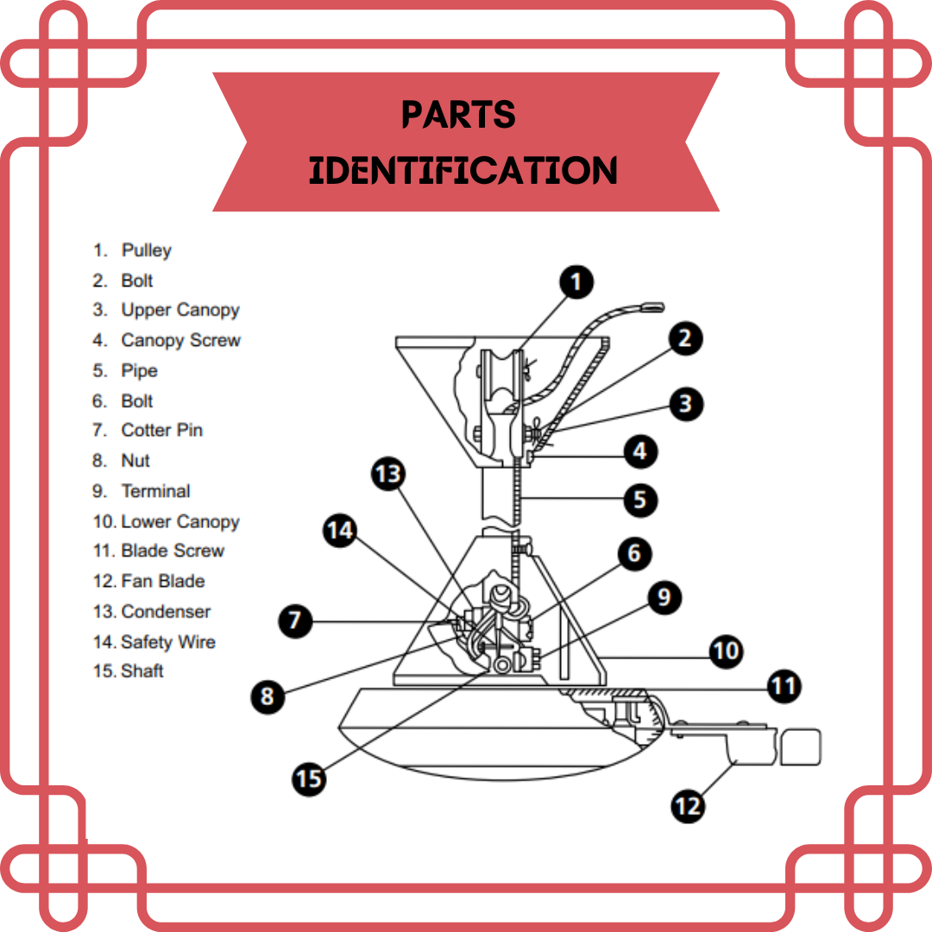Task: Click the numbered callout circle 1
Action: point(576,281)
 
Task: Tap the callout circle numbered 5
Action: point(640,500)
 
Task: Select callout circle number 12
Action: point(688,806)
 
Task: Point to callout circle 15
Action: point(309,778)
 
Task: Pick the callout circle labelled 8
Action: point(268,696)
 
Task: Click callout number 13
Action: point(388,474)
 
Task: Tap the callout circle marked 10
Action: point(726,651)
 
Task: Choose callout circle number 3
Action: point(686,404)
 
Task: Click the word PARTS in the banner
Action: point(458,114)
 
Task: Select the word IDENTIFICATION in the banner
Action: point(463,171)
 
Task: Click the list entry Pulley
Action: point(133,250)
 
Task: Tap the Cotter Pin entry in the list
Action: point(148,430)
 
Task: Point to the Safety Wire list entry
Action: point(154,642)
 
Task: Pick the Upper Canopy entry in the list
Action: point(166,311)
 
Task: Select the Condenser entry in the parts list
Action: point(152,612)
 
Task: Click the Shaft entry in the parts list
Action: point(128,671)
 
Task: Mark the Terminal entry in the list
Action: point(142,491)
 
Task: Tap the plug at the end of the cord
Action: point(652,307)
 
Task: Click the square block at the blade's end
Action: point(800,747)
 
